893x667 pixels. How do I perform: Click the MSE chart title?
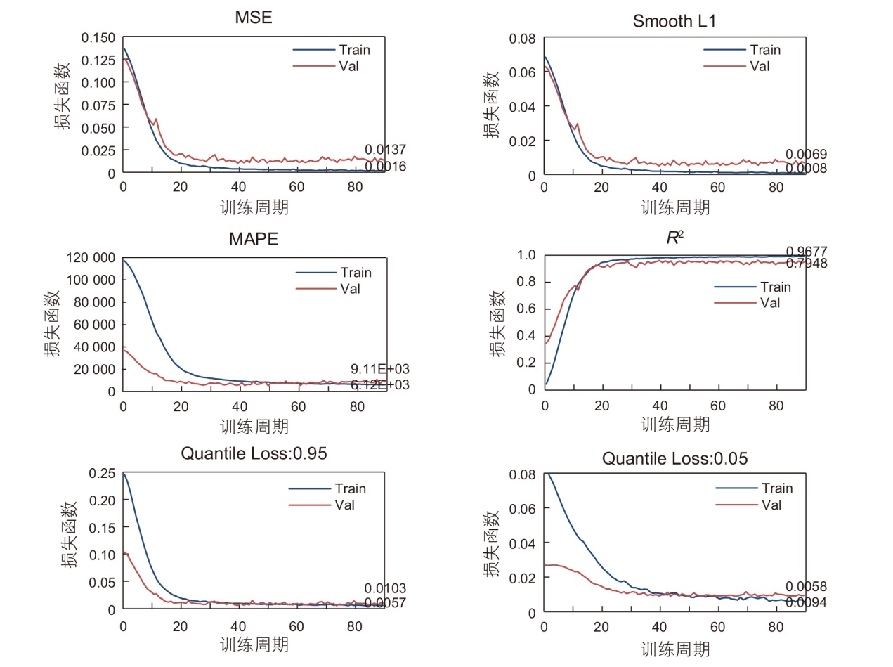(254, 18)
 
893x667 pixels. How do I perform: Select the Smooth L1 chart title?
(674, 21)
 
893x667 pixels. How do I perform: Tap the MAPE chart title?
(254, 239)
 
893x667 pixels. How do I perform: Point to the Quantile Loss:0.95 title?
(254, 453)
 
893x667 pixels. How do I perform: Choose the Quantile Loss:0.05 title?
(674, 459)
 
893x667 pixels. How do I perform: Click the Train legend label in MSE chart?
(354, 50)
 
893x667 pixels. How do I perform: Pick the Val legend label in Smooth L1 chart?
(760, 67)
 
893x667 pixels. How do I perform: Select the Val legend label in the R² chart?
(771, 303)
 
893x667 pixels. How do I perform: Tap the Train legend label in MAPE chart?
(356, 273)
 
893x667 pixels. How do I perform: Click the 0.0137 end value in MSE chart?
(385, 150)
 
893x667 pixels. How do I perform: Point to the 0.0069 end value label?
(806, 155)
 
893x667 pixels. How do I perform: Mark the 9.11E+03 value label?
(380, 370)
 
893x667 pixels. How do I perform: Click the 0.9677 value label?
(807, 251)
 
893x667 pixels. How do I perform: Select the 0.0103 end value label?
(385, 589)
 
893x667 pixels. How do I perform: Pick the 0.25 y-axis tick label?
(103, 473)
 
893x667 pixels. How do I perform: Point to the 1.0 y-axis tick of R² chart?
(526, 255)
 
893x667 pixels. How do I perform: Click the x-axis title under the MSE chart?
(254, 207)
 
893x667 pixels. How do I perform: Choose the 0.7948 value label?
(807, 264)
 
